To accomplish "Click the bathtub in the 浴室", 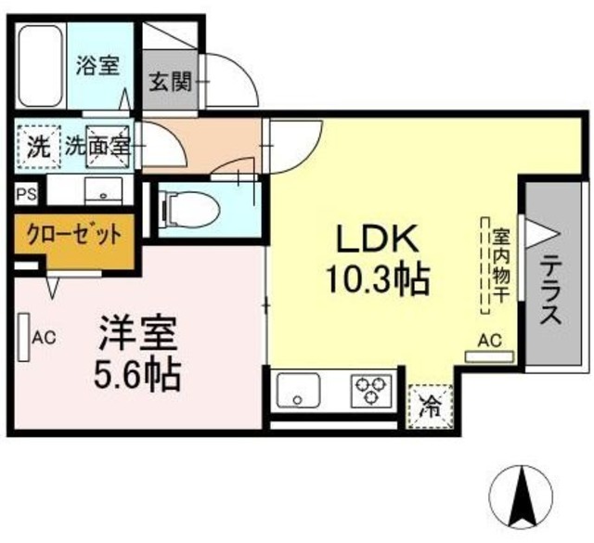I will [x=41, y=68].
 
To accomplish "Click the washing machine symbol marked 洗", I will [x=36, y=147].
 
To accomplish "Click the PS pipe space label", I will [x=27, y=195].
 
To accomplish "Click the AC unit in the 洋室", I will [x=23, y=337].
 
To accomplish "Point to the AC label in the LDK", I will [x=488, y=342].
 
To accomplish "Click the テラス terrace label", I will [x=549, y=289].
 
